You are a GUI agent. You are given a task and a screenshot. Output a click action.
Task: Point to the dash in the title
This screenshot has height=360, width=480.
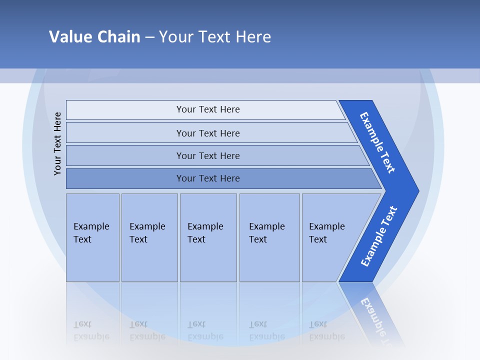click(149, 37)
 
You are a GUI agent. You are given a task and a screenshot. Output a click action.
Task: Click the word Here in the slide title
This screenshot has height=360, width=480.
click(253, 36)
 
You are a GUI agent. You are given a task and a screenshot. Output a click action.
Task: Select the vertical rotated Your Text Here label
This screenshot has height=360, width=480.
click(57, 143)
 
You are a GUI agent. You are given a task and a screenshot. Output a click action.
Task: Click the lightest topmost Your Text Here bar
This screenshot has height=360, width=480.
click(207, 109)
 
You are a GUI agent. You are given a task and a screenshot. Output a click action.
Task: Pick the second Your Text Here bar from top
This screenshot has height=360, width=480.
click(207, 133)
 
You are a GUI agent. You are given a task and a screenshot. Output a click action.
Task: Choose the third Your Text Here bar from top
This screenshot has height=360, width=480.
click(207, 155)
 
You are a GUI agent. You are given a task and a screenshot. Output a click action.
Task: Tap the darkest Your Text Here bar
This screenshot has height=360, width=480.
click(207, 178)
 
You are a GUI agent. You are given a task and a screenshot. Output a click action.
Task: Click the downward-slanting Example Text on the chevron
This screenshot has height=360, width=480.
click(378, 142)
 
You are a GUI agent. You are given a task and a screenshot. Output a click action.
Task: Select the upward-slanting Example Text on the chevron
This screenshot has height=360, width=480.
click(379, 236)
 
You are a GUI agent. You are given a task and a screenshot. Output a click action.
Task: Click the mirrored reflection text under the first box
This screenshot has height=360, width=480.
click(91, 330)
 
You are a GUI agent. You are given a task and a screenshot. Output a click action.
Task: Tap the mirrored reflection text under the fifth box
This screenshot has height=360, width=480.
click(326, 330)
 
